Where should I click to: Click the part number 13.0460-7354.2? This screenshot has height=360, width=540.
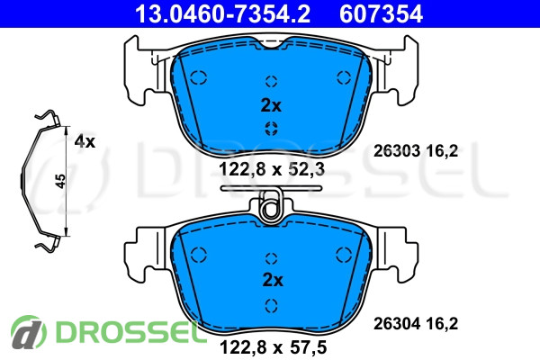coord(222,13)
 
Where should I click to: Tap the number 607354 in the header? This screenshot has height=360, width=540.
coord(381,13)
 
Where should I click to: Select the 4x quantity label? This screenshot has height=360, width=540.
coord(85,141)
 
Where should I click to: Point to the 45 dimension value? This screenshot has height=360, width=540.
coord(60,181)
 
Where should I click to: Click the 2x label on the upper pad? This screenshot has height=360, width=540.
coord(271,106)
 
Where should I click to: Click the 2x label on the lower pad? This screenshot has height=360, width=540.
coord(273,280)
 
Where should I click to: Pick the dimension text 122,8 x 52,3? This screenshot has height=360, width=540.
coord(272,169)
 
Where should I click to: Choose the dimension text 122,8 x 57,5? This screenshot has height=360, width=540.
coord(273,347)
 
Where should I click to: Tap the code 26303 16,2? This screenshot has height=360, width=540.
coord(416,151)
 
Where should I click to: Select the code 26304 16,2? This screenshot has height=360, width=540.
coord(416,324)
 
